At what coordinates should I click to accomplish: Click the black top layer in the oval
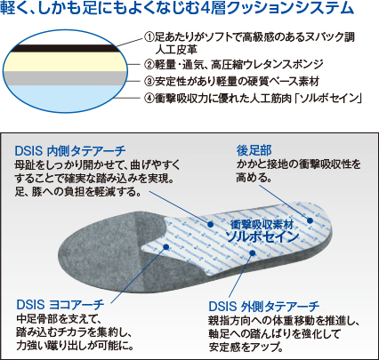(x=64, y=48)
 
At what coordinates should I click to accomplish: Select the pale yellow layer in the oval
(x=65, y=62)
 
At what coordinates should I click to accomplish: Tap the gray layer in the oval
(x=65, y=78)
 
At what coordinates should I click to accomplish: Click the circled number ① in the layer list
(x=149, y=37)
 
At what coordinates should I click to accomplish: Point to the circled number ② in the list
(x=149, y=64)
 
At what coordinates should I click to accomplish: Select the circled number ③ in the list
(x=149, y=81)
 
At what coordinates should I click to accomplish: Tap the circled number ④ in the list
(x=149, y=99)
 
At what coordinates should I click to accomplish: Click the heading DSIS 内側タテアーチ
(x=70, y=151)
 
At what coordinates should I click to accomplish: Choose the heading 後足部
(x=254, y=150)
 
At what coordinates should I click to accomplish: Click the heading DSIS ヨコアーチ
(x=60, y=305)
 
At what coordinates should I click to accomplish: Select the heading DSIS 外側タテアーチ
(x=264, y=306)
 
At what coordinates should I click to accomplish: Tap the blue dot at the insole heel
(x=310, y=220)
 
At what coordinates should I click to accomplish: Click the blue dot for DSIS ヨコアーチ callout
(x=166, y=246)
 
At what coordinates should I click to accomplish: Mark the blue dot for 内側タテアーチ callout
(x=211, y=225)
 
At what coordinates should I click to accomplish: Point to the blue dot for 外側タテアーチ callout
(x=253, y=252)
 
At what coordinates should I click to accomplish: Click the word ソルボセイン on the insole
(x=262, y=237)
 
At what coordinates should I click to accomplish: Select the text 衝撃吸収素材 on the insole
(x=262, y=225)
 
